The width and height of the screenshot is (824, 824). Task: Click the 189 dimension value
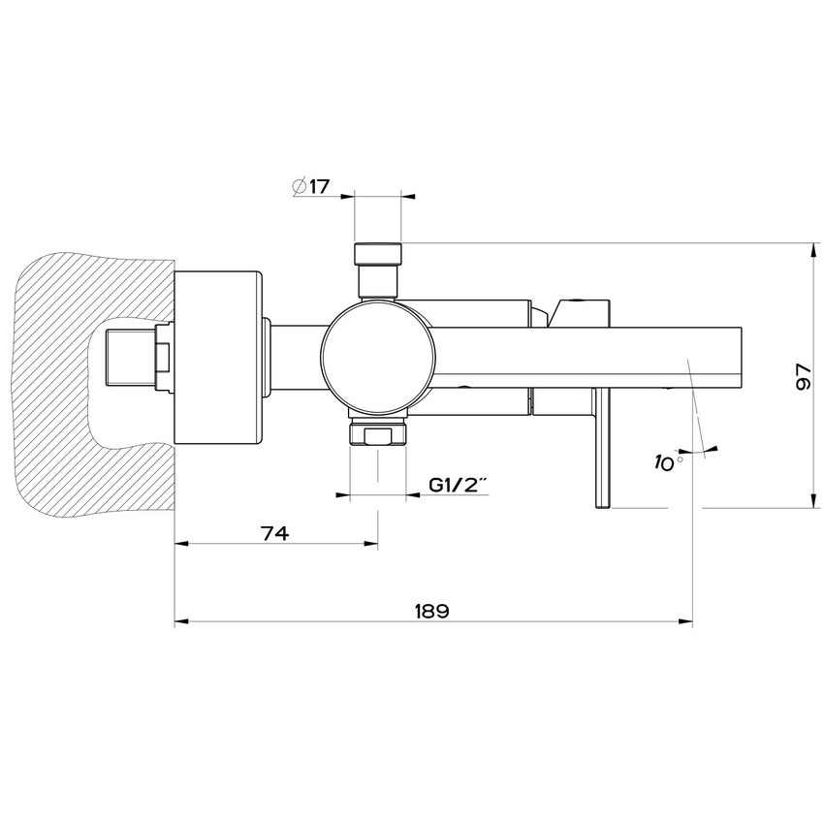pos(431,611)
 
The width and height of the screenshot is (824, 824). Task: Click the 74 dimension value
pos(275,532)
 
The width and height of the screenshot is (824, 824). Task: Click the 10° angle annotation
pos(669,462)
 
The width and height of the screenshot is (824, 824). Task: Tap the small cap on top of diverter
pos(378,253)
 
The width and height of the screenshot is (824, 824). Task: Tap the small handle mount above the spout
pos(577,309)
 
